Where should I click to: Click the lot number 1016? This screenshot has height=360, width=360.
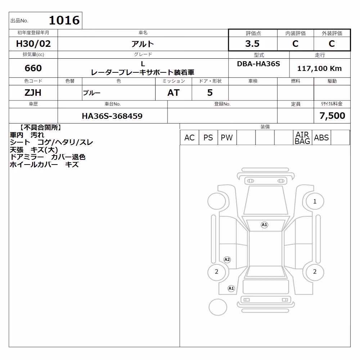click(x=64, y=20)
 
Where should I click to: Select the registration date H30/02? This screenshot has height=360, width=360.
click(x=33, y=44)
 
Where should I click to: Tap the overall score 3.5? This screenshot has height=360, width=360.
click(x=252, y=44)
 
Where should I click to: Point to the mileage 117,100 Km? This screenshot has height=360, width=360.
click(x=319, y=68)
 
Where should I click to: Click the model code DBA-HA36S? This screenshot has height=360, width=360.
click(x=258, y=64)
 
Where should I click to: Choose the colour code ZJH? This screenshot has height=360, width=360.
click(x=33, y=93)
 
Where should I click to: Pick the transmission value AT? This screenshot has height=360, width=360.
click(x=174, y=93)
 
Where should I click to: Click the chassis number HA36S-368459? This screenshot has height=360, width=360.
click(x=112, y=116)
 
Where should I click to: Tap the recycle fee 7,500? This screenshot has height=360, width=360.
click(x=332, y=116)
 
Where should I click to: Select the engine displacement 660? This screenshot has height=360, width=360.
click(x=33, y=68)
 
